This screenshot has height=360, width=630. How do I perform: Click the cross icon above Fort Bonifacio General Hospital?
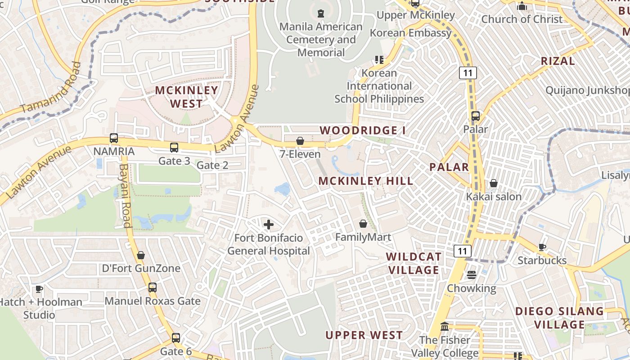pyautogui.click(x=269, y=224)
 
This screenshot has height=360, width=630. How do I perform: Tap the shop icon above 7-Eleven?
pyautogui.click(x=300, y=141)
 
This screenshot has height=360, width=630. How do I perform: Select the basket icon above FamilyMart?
pyautogui.click(x=363, y=224)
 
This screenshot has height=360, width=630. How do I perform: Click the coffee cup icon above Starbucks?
pyautogui.click(x=542, y=247)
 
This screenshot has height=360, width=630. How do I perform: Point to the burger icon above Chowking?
pyautogui.click(x=472, y=274)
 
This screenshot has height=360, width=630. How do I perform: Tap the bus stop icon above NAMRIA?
pyautogui.click(x=114, y=138)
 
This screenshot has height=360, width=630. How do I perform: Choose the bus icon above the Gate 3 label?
pyautogui.click(x=174, y=147)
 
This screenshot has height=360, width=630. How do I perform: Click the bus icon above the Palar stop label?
pyautogui.click(x=476, y=116)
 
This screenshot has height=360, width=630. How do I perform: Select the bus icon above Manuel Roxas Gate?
pyautogui.click(x=153, y=287)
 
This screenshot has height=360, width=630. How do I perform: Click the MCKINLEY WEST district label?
pyautogui.click(x=186, y=97)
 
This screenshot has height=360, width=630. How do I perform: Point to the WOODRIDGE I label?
pyautogui.click(x=363, y=130)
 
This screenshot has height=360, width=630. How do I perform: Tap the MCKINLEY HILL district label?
pyautogui.click(x=366, y=181)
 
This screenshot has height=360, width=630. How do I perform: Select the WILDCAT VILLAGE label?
pyautogui.click(x=414, y=263)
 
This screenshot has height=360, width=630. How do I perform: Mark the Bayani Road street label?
pyautogui.click(x=125, y=195)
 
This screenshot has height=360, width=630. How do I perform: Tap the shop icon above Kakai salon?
pyautogui.click(x=494, y=183)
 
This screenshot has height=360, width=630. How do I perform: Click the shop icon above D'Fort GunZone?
pyautogui.click(x=141, y=255)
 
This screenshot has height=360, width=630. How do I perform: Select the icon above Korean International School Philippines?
pyautogui.click(x=379, y=59)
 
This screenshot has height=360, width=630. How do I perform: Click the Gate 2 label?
pyautogui.click(x=212, y=165)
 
